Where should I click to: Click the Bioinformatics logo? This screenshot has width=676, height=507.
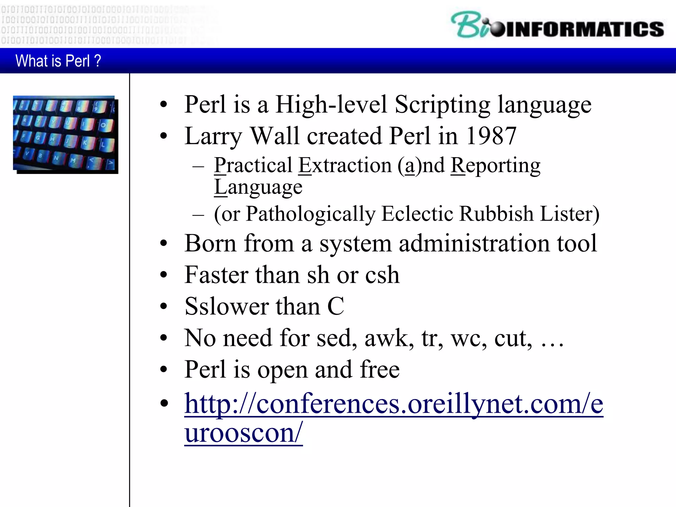point(557,26)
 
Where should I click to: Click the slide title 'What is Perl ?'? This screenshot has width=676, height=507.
point(58,61)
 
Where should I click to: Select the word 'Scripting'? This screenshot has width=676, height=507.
point(442,105)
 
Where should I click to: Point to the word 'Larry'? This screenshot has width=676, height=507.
point(213,136)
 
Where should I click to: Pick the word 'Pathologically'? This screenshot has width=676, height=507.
point(311,214)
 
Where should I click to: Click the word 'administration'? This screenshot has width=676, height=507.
point(474,243)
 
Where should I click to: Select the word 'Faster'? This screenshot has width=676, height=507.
point(216,275)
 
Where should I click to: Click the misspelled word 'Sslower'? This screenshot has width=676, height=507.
point(227,306)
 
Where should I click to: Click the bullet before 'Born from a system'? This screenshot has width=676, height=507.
point(164,244)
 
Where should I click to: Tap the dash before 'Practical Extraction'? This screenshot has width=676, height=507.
point(198,166)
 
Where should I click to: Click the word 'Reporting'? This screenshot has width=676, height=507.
point(495,166)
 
